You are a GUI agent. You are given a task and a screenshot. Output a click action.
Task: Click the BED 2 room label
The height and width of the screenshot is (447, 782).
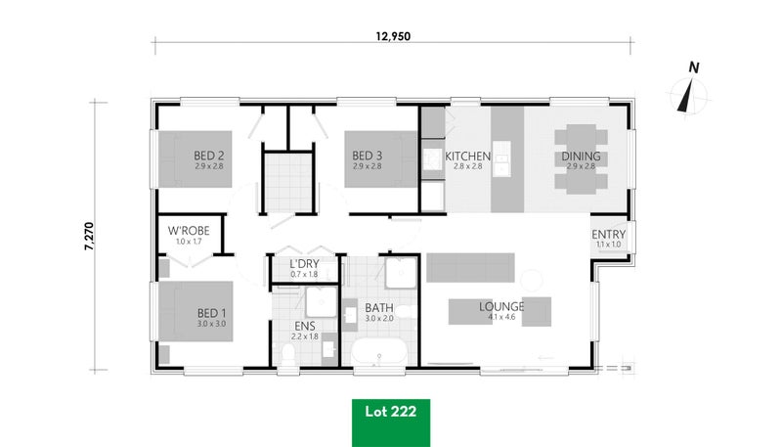pyautogui.click(x=208, y=156)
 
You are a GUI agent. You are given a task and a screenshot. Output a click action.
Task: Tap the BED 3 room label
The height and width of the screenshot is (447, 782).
pyautogui.click(x=368, y=156)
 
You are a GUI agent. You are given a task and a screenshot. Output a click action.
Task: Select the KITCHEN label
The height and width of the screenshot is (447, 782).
pyautogui.click(x=467, y=156)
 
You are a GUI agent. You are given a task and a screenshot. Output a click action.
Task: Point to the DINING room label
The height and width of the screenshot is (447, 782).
pyautogui.click(x=581, y=156)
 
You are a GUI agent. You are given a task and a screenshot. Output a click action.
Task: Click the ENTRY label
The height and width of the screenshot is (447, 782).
pyautogui.click(x=608, y=235)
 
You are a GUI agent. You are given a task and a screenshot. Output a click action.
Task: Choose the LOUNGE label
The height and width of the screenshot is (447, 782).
pyautogui.click(x=501, y=306)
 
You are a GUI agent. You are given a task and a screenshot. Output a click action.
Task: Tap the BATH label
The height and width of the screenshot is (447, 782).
pyautogui.click(x=379, y=308)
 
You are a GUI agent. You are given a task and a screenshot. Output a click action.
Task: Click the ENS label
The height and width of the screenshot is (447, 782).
pyautogui.click(x=304, y=327)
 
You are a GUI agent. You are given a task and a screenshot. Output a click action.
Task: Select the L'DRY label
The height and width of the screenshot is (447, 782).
pyautogui.click(x=304, y=264)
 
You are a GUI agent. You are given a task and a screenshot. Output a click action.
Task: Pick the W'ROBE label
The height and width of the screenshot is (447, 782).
pyautogui.click(x=189, y=231)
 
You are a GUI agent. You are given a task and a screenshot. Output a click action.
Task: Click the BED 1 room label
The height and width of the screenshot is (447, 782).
pyautogui.click(x=211, y=313)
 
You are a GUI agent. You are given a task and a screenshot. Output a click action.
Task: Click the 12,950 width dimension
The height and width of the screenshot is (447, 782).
pyautogui.click(x=393, y=36)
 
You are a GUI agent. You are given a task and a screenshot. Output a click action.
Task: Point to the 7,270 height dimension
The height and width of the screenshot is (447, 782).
pyautogui.click(x=89, y=236)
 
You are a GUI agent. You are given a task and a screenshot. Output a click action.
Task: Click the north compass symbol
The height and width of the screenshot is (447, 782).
pyautogui.click(x=689, y=92)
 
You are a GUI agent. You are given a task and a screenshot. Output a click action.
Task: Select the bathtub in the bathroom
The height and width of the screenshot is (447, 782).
pyautogui.click(x=379, y=352)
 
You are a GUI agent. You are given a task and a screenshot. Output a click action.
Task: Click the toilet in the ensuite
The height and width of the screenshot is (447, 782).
pyautogui.click(x=288, y=354)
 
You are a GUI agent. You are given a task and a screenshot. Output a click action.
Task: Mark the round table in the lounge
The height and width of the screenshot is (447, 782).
pyautogui.click(x=531, y=281)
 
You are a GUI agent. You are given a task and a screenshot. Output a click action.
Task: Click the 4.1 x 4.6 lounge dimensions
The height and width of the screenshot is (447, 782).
pyautogui.click(x=501, y=317)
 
